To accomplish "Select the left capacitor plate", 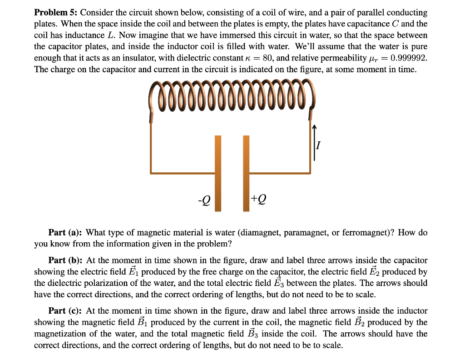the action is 218,173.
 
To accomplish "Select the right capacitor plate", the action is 246,173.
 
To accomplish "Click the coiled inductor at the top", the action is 232,95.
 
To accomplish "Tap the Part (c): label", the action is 66,311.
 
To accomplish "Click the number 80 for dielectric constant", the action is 268,57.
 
